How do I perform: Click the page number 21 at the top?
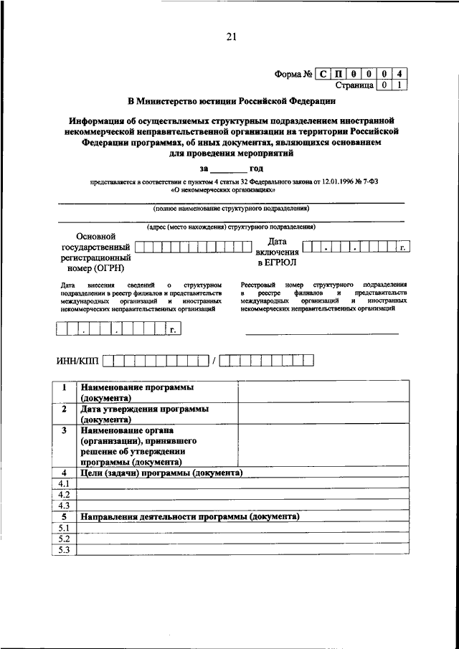(x=231, y=37)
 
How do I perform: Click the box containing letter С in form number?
(x=323, y=72)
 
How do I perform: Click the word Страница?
(x=354, y=85)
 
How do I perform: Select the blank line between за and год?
(x=228, y=169)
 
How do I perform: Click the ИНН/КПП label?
(x=77, y=361)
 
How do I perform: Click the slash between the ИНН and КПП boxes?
(x=214, y=361)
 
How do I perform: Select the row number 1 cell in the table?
(x=64, y=387)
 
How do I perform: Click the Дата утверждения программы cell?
(x=145, y=414)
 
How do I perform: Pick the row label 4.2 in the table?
(x=64, y=495)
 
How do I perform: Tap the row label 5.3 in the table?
(x=64, y=549)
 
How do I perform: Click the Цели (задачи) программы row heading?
(x=161, y=473)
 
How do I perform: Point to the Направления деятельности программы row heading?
(x=189, y=516)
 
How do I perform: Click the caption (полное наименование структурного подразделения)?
(x=231, y=209)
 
